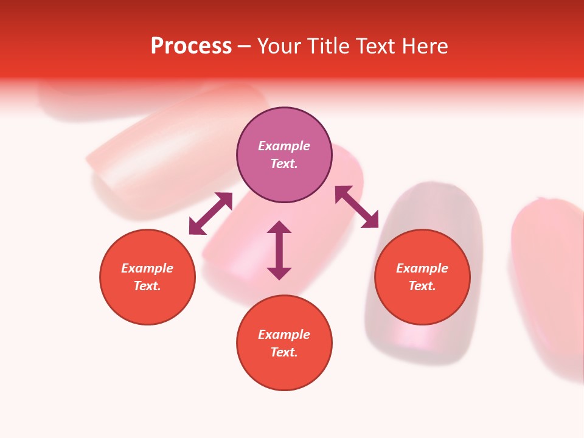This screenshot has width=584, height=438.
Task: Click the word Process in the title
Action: [x=191, y=46]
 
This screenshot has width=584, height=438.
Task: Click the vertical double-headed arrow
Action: [x=279, y=250]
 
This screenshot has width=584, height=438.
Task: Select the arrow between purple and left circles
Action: [x=210, y=213]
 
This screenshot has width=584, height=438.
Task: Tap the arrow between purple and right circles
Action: [x=356, y=207]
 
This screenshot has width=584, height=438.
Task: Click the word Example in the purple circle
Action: [x=284, y=146]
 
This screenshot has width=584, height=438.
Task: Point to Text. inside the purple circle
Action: [x=284, y=164]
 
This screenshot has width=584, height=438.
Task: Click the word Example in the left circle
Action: [x=147, y=268]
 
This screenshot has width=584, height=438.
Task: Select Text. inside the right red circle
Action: [x=422, y=286]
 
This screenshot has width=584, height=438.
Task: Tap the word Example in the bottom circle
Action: [x=284, y=335]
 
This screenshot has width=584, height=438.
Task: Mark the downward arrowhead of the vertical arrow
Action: [x=279, y=273]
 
